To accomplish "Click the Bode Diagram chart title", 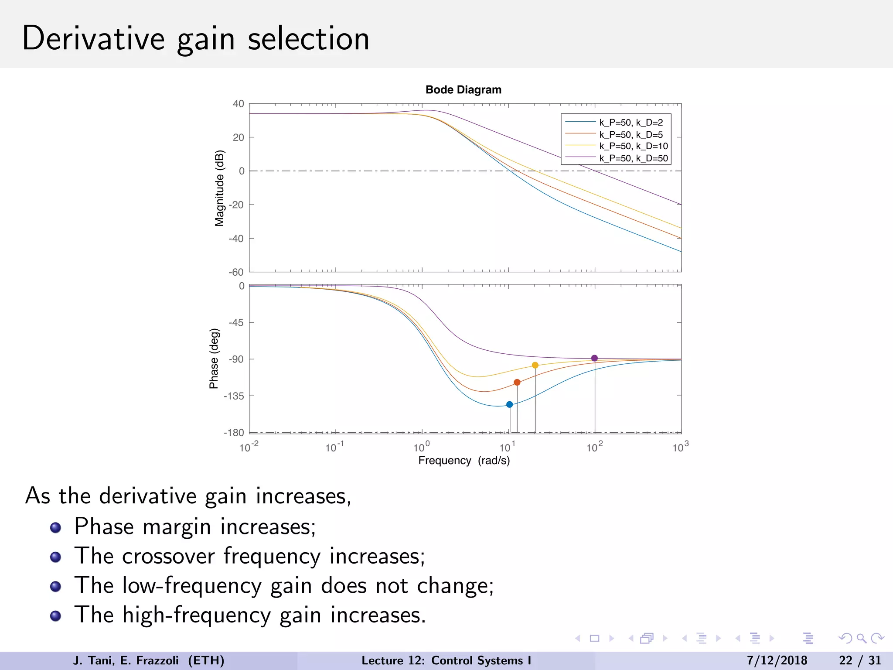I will pos(463,90).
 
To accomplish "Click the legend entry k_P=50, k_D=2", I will pos(631,123).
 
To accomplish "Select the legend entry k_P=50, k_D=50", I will pos(633,158).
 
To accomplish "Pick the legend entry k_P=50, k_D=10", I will pos(633,146).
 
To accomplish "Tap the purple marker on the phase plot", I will pos(594,358).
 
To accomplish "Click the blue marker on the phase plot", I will pos(509,404).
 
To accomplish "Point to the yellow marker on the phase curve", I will pos(535,365).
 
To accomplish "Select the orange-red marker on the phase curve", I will pos(517,382).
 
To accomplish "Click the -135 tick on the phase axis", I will pos(234,396).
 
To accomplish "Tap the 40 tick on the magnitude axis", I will pos(238,104).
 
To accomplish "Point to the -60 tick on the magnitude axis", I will pos(236,272).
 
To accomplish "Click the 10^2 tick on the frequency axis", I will pos(594,447).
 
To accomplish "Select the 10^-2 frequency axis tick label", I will pos(249,447).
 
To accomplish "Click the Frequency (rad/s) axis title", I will pos(464,461).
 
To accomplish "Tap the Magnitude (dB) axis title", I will pos(219,188).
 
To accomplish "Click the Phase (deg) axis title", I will pos(214,359).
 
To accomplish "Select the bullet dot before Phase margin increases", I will pos(55,528).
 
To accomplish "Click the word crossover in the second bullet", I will pos(169,556).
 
